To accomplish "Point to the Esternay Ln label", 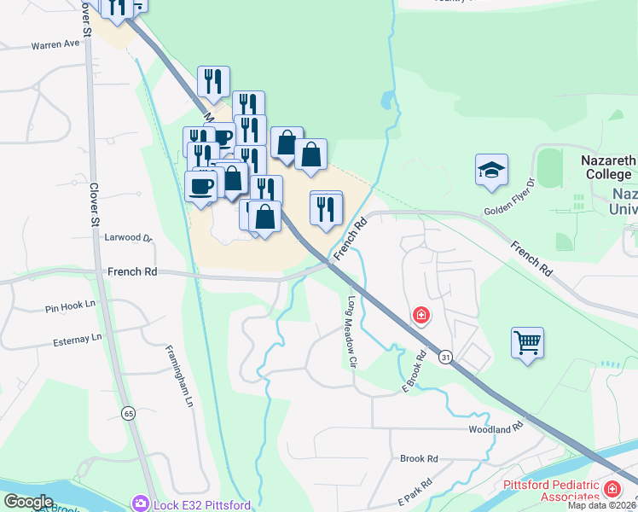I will pos(72,338).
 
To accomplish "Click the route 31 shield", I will pos(444,358).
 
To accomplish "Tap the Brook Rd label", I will pos(419,458).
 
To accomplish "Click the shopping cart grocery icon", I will pos(528,343).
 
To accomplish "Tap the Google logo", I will pos(28,502).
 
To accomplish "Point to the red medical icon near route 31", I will pos(420,316).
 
